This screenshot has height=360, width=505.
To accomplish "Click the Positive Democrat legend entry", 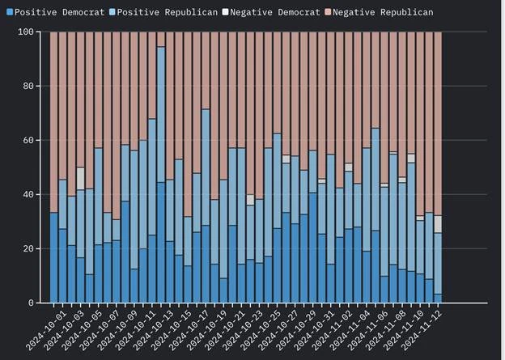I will click(40, 12).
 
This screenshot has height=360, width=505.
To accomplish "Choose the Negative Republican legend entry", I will click(377, 12).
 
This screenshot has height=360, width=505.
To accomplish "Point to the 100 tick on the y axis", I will click(27, 32).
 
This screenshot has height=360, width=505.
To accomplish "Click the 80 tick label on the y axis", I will click(29, 86).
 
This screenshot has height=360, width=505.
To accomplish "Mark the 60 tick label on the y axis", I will click(29, 140).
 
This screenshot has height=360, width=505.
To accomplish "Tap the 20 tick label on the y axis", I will click(29, 248).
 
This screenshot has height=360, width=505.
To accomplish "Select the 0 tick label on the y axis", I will click(32, 303).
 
